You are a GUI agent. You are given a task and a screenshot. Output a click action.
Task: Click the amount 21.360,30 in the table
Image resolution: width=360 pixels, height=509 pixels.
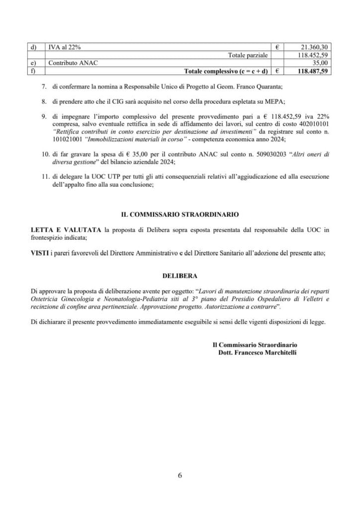coord(314,47)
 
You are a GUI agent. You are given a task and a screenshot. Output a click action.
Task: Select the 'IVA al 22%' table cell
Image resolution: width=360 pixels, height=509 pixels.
coord(64,47)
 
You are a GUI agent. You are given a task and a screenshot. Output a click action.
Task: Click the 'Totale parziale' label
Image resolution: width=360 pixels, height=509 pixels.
coord(248,55)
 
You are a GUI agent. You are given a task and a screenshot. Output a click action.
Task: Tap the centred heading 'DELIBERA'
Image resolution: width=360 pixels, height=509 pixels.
coord(180,273)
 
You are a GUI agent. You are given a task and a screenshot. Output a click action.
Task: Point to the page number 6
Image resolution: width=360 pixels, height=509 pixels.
coord(180,475)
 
